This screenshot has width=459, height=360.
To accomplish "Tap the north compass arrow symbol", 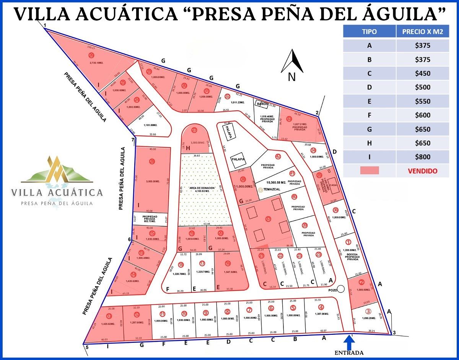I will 292,62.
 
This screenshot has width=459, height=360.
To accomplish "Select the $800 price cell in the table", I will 422,157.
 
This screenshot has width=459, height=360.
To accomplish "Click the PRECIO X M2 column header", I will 422,32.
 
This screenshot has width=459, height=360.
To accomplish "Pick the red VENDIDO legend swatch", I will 369,170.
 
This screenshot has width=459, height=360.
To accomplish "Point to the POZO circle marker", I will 341,289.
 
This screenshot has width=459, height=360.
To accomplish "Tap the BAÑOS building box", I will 262,104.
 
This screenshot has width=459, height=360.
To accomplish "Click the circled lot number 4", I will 321,307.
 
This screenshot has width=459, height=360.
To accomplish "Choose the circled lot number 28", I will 152,161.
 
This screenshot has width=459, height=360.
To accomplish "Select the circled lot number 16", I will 228,263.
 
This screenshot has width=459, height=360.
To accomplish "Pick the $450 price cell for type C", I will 422,73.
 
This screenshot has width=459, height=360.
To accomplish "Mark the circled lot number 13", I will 109,316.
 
